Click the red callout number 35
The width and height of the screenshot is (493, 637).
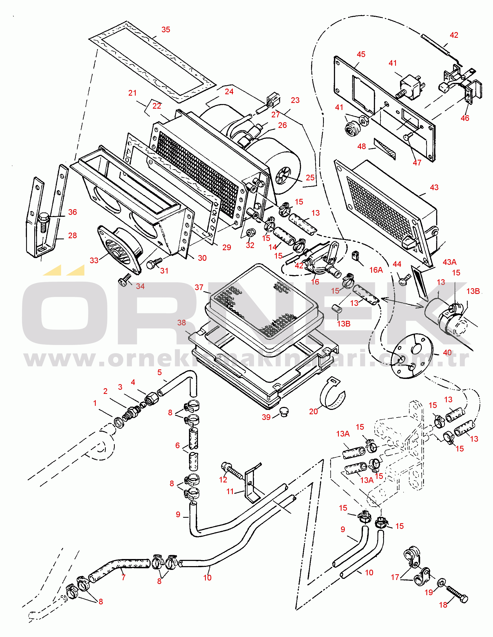pos(166,29)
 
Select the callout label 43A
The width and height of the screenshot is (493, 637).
pos(449,262)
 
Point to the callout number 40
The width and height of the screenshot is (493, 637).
pos(447,353)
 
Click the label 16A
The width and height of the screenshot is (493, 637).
pos(376,270)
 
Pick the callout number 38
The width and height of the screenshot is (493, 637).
pos(182,323)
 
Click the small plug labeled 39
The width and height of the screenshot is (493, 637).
pos(284,412)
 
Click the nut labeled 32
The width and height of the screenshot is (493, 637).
pos(251,233)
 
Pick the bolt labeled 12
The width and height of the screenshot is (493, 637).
pos(232,470)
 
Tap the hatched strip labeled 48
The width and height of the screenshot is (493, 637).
pos(385,149)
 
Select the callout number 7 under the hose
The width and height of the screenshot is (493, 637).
pos(123,578)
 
